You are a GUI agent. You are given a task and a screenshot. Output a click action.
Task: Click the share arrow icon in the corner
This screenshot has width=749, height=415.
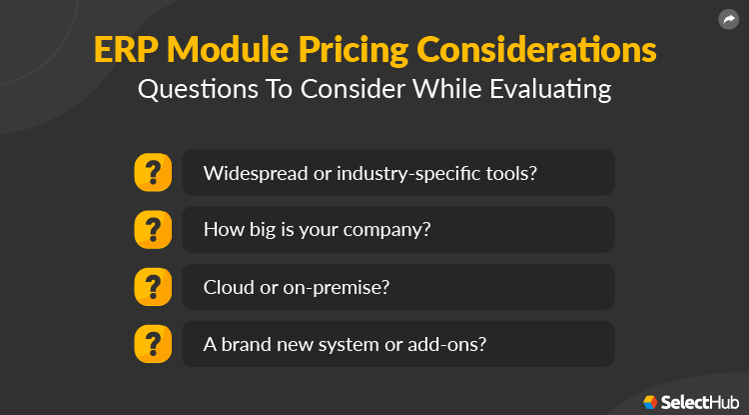(x=728, y=20)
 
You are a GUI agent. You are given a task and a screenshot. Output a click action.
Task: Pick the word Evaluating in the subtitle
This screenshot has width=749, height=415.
(x=551, y=89)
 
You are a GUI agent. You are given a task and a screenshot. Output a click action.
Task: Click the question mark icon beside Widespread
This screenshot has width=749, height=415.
(x=153, y=172)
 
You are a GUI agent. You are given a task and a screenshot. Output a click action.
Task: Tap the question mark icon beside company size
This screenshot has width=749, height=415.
(x=153, y=229)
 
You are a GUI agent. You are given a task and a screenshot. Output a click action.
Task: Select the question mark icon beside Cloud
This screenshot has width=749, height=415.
(x=153, y=287)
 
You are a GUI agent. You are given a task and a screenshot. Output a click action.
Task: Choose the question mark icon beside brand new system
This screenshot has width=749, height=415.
(x=153, y=344)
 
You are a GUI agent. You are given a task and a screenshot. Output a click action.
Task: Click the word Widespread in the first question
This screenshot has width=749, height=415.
(x=251, y=173)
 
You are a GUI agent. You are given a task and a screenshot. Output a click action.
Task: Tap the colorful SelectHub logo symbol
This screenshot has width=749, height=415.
(x=650, y=400)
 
